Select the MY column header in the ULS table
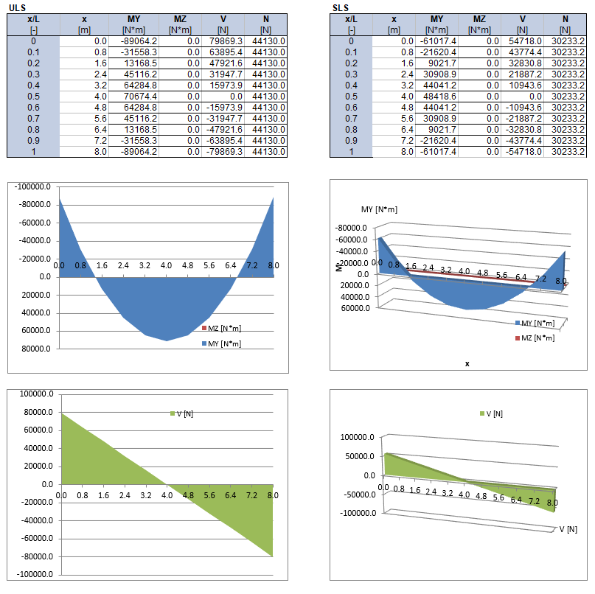[x=133, y=19]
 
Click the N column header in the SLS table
[x=565, y=19]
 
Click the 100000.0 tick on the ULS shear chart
[x=35, y=395]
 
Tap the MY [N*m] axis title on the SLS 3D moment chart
[x=379, y=210]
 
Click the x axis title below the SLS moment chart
[x=467, y=363]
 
